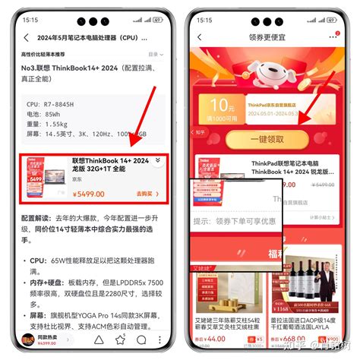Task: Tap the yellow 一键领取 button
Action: tap(266, 141)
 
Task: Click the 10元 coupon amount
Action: tap(222, 103)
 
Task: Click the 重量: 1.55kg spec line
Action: tap(47, 124)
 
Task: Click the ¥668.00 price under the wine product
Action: tap(294, 339)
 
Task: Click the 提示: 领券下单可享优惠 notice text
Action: tap(235, 222)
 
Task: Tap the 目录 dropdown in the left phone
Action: tap(154, 55)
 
